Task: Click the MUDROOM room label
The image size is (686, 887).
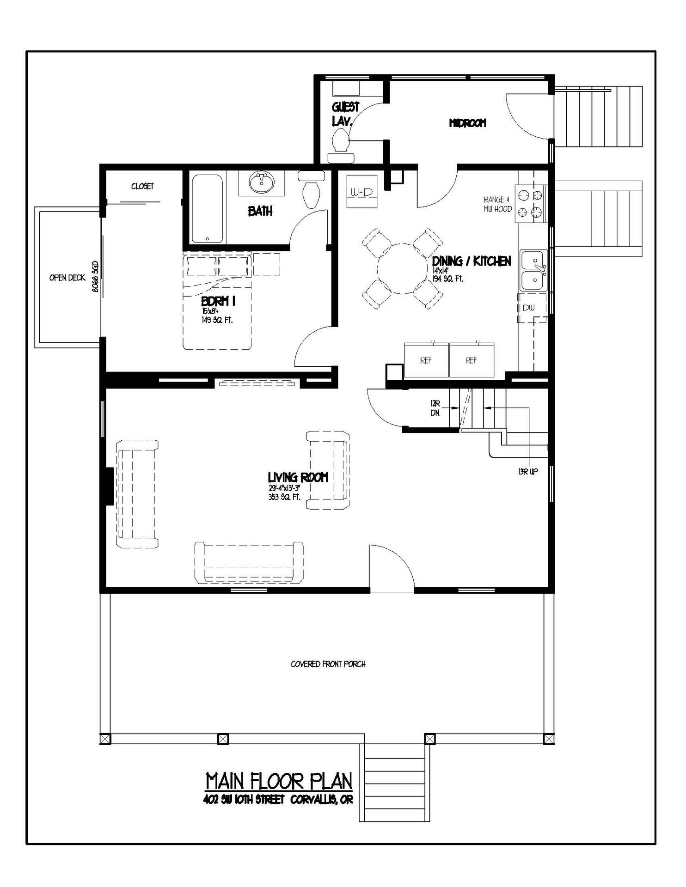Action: point(467,123)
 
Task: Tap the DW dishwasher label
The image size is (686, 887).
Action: point(528,308)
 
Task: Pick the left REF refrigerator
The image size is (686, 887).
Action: point(426,360)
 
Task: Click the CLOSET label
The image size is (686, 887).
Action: point(142,186)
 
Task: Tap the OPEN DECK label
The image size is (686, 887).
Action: point(67,278)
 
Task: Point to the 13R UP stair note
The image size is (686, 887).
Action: point(528,472)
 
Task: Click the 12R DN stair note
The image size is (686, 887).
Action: point(435,408)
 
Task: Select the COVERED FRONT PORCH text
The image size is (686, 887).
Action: point(328,664)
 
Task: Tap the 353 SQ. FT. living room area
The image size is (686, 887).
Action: point(284,497)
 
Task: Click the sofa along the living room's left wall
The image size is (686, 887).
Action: point(137,494)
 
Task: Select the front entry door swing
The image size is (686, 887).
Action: point(392,567)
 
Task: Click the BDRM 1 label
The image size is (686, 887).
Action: point(218,301)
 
